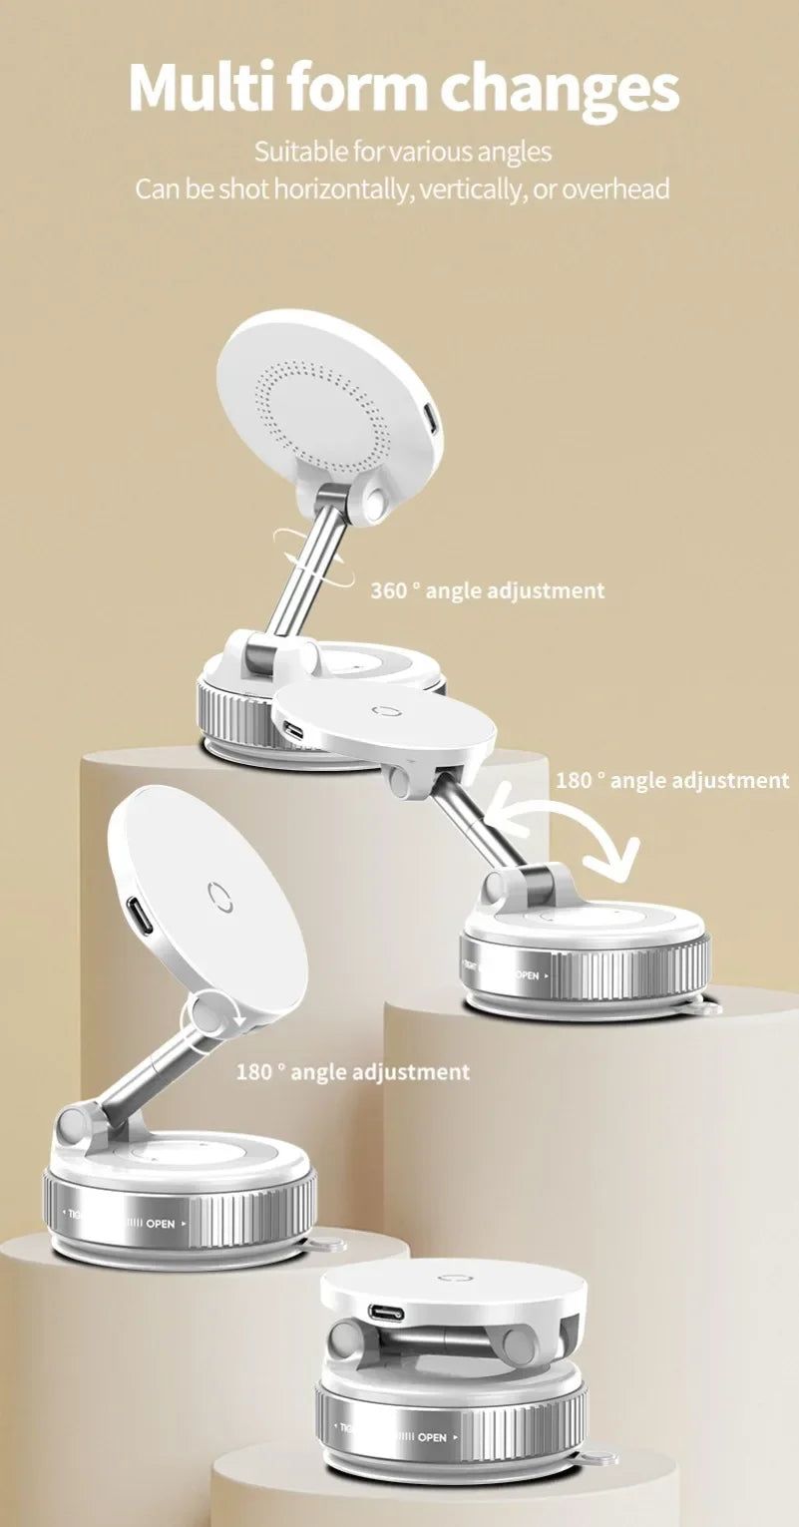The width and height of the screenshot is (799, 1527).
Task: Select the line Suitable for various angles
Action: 402,153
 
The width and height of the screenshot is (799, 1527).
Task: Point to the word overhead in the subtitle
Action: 615,189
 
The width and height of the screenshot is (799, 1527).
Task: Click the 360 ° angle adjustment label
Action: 488,590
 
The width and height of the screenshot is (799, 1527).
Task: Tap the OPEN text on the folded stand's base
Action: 432,1437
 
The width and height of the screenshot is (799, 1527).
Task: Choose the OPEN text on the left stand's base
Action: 161,1223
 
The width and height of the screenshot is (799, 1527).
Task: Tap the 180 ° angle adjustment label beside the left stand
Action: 352,1072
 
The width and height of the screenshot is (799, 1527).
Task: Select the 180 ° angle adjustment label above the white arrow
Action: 671,780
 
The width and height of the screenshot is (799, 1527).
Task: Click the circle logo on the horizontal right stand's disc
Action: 384,712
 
